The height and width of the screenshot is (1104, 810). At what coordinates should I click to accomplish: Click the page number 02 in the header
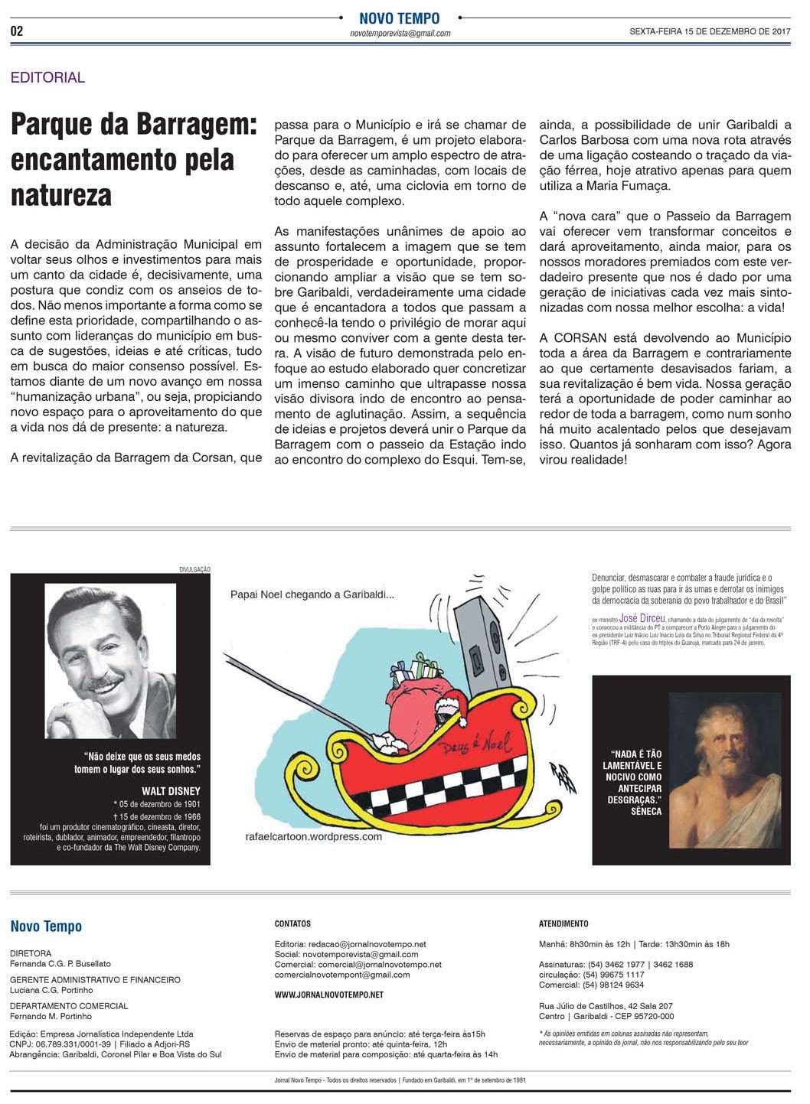(x=17, y=31)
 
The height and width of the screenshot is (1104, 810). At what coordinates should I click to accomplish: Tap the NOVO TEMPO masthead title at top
(x=400, y=18)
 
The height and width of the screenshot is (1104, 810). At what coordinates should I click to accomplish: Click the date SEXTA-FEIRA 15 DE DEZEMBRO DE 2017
(x=709, y=31)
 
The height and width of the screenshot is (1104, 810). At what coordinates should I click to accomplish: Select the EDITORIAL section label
(x=47, y=77)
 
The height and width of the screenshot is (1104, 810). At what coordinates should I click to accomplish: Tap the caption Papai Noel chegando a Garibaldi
(x=312, y=594)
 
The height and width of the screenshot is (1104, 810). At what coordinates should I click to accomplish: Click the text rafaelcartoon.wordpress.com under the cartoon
(x=314, y=836)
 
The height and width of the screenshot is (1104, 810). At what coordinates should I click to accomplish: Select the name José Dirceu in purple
(x=639, y=618)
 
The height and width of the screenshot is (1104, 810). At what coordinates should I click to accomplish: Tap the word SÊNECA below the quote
(x=646, y=811)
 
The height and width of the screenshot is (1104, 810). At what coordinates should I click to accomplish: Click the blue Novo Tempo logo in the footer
(x=46, y=927)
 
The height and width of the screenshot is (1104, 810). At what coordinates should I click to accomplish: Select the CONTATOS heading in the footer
(x=292, y=923)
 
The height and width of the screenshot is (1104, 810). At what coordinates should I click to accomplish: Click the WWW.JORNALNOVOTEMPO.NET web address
(x=329, y=995)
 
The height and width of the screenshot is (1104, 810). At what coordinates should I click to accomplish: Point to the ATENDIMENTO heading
(x=563, y=923)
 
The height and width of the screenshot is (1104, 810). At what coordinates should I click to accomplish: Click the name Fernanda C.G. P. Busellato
(x=60, y=963)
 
